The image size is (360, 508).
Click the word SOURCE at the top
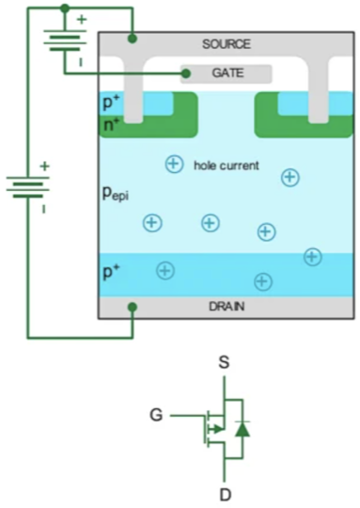click(x=227, y=45)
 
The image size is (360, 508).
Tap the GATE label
click(x=227, y=72)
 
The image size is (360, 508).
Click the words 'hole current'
click(x=226, y=166)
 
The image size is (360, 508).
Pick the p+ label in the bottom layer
click(x=112, y=272)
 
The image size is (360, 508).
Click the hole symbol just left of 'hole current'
click(x=174, y=165)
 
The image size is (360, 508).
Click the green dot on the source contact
click(x=133, y=40)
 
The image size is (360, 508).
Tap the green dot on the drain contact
click(x=133, y=307)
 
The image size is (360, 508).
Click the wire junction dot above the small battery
click(x=64, y=8)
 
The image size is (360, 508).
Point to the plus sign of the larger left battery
click(x=43, y=167)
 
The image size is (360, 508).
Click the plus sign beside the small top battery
click(x=81, y=19)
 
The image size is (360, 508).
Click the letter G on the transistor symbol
click(x=156, y=413)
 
